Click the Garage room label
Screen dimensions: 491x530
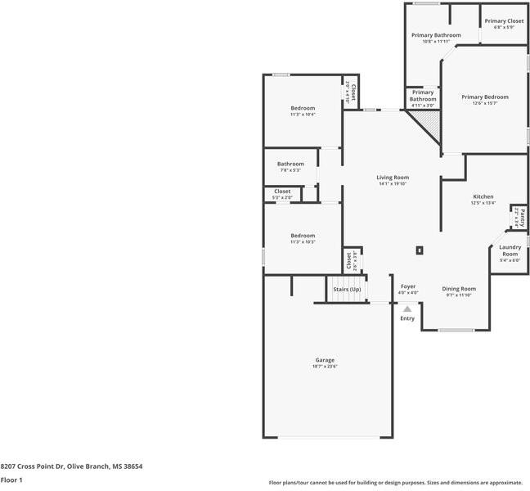[x=325, y=360]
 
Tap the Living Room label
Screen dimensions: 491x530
[x=393, y=178]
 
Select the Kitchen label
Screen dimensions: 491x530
[x=483, y=197]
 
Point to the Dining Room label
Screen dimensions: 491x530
[x=459, y=289]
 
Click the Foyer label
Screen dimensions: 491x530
[x=408, y=286]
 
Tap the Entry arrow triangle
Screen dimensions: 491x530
[x=407, y=309]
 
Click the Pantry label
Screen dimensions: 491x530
[x=517, y=217]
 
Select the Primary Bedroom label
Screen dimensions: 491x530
[x=485, y=97]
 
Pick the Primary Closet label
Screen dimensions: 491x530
[x=504, y=21]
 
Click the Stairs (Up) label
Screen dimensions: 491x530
[x=348, y=289]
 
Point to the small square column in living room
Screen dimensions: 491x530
[x=420, y=250]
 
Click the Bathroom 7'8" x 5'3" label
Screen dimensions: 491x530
[x=290, y=164]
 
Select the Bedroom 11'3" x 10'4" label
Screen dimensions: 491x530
[x=303, y=108]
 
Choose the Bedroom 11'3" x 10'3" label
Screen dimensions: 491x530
[x=303, y=236]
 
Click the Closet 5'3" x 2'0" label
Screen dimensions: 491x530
[x=282, y=191]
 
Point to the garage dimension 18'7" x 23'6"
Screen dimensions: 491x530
[x=325, y=367]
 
